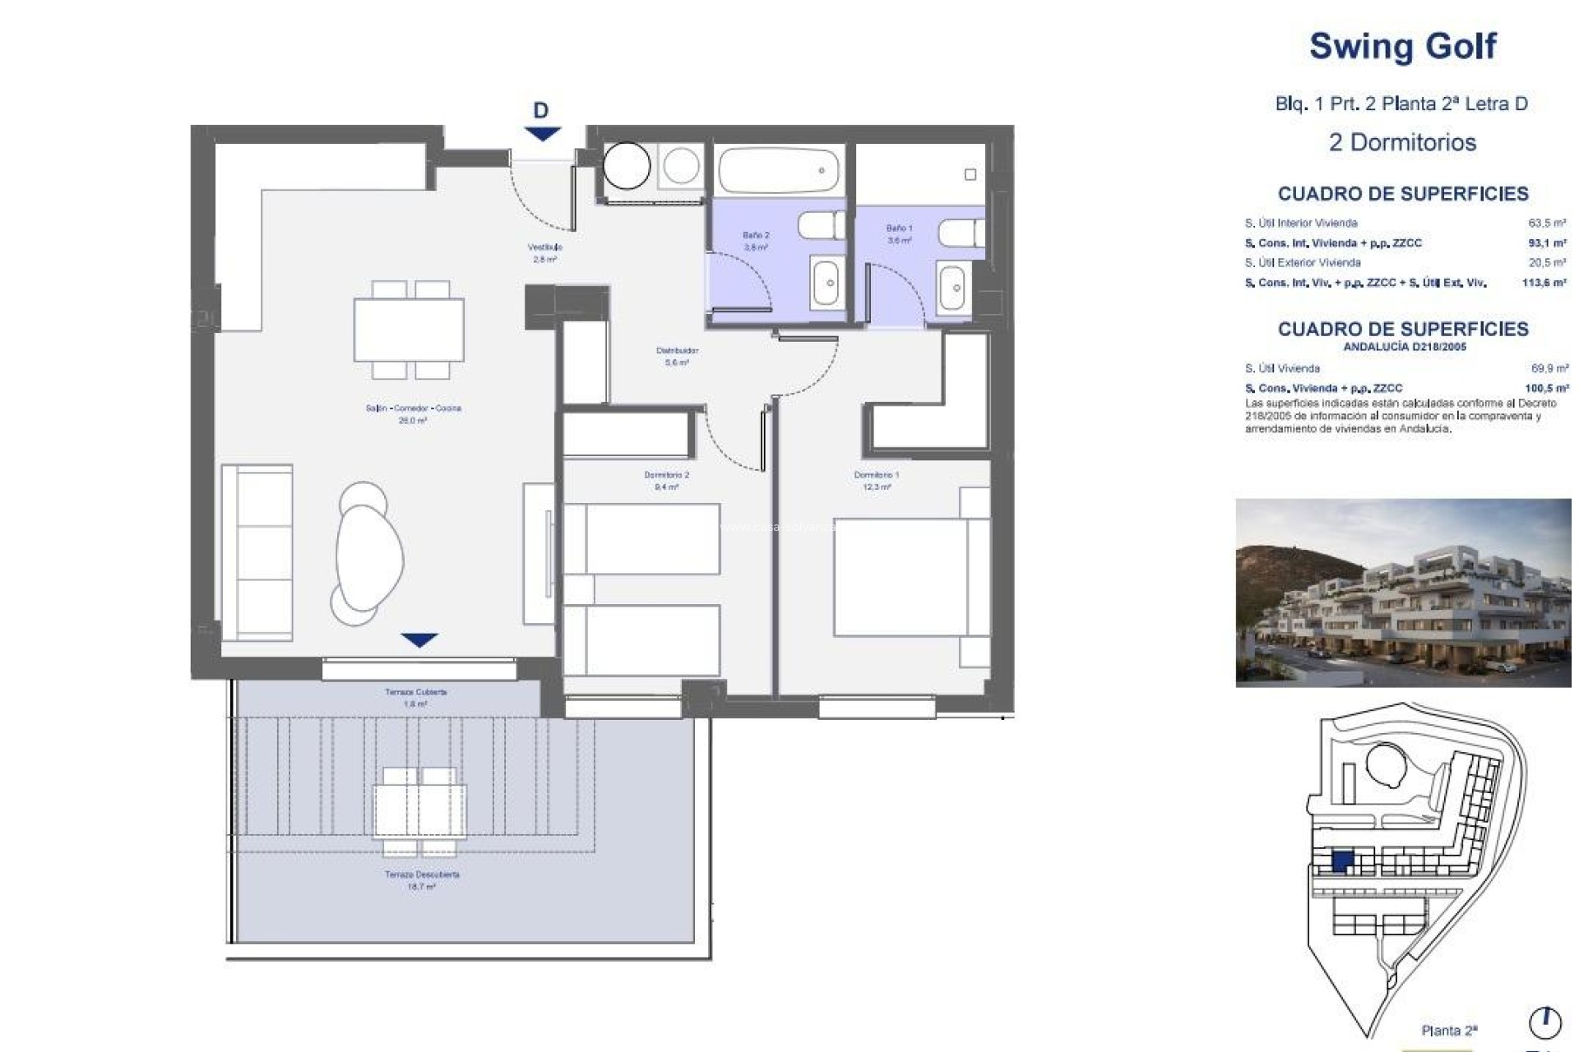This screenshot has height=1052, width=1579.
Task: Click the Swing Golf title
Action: (x=1402, y=46)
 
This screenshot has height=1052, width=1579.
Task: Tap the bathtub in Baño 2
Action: (x=778, y=170)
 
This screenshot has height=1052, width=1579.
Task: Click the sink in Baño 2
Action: (x=827, y=284)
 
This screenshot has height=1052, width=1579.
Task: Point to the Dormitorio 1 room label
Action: (x=876, y=480)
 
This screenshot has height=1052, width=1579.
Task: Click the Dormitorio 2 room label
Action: (x=666, y=480)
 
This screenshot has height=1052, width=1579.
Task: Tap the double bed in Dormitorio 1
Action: (x=901, y=576)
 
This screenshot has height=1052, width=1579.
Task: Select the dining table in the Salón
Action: (x=409, y=330)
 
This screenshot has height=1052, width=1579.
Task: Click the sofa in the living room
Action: (x=257, y=552)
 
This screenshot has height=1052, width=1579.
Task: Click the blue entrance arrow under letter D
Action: (x=541, y=133)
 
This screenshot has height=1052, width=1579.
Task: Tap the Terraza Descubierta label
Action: (x=421, y=880)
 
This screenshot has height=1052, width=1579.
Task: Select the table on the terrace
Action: (x=419, y=810)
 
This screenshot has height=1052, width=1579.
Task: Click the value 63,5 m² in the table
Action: (x=1546, y=223)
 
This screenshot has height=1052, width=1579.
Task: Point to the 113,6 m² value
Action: (x=1544, y=283)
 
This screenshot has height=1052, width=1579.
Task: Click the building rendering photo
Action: (x=1402, y=592)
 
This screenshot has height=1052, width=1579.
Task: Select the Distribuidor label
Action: (x=677, y=355)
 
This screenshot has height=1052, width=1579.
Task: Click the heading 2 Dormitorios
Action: (x=1402, y=142)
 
